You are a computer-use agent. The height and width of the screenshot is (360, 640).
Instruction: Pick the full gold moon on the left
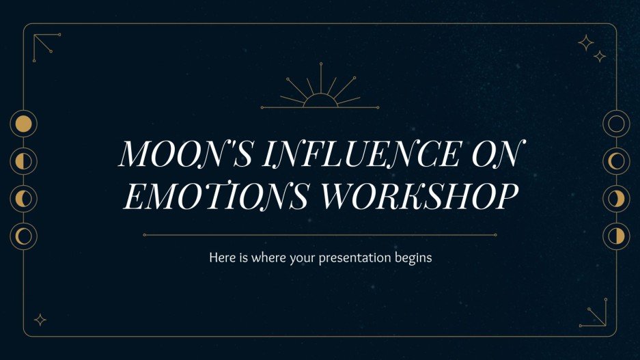point(24,124)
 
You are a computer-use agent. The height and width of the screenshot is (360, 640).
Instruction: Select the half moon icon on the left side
point(24,161)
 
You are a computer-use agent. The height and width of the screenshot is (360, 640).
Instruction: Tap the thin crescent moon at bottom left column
point(24,236)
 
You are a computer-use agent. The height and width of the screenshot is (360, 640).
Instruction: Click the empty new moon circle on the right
point(616,124)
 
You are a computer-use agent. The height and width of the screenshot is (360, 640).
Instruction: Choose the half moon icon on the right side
point(616,236)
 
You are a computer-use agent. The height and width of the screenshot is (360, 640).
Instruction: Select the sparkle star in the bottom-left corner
point(40,319)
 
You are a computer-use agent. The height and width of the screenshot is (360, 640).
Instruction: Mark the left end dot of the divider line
point(144,235)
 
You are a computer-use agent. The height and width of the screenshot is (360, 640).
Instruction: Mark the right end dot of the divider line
point(495,235)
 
